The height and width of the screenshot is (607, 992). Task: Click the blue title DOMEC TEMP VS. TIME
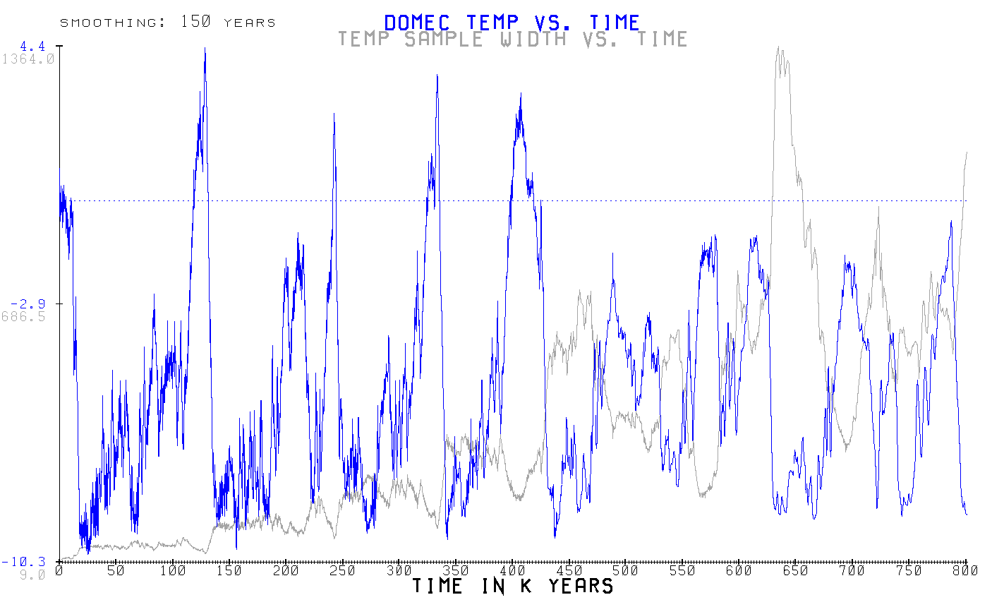click(x=512, y=22)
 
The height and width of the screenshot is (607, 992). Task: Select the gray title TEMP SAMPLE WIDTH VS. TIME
click(x=512, y=39)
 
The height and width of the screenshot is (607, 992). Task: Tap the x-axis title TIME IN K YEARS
click(x=512, y=586)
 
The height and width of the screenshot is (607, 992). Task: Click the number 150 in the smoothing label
click(x=195, y=22)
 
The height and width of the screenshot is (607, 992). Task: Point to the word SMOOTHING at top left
click(x=109, y=23)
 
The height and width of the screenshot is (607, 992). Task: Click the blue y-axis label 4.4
click(x=32, y=47)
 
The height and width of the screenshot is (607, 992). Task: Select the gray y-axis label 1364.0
click(x=28, y=59)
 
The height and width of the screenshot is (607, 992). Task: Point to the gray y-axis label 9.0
click(x=32, y=575)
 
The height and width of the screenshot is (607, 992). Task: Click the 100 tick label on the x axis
click(x=172, y=570)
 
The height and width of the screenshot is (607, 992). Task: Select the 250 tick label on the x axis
click(x=342, y=570)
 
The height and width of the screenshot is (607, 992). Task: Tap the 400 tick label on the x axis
click(x=512, y=570)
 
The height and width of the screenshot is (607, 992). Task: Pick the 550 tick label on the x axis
click(x=682, y=570)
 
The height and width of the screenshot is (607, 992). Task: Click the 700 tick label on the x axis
click(x=852, y=570)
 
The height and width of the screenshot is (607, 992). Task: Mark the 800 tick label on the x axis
click(x=965, y=570)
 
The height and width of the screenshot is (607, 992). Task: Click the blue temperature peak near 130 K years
click(x=205, y=49)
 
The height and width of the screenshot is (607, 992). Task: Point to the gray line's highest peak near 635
click(x=778, y=48)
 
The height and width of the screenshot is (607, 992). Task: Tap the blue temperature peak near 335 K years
click(x=437, y=76)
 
